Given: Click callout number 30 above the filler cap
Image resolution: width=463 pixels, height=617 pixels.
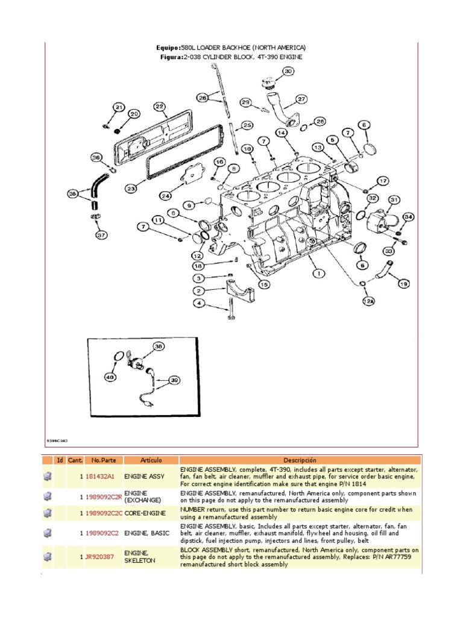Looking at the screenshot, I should (x=288, y=71).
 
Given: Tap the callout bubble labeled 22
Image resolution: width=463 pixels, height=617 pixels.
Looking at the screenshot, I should (x=159, y=107).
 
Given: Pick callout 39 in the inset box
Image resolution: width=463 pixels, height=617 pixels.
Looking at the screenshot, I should (x=174, y=380).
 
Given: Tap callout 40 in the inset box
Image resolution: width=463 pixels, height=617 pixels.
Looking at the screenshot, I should (x=110, y=377).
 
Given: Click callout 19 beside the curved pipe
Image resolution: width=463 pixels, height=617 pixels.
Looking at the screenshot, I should (x=403, y=283).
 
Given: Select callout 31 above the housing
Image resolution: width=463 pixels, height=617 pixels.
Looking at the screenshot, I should (x=394, y=199).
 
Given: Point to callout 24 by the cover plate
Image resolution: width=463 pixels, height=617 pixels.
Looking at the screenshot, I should (x=166, y=195).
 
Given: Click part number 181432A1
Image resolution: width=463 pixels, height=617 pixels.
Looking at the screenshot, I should (x=99, y=476).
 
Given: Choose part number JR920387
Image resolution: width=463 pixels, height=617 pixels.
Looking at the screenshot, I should (x=99, y=557).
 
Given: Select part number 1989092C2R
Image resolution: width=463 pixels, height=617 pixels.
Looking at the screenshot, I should (x=103, y=496).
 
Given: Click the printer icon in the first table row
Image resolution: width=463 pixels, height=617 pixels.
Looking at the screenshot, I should (x=47, y=476).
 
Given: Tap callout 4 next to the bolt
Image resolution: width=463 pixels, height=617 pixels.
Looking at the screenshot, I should (x=198, y=302).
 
